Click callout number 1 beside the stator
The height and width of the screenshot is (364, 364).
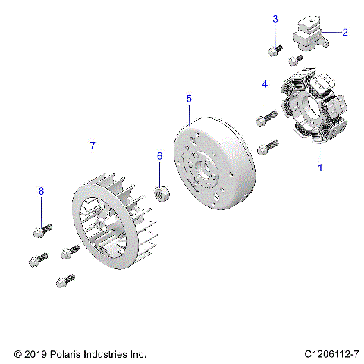pos(319,168)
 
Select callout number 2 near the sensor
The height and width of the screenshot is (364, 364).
pos(345,32)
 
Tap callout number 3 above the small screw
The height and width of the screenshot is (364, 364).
pos(275,18)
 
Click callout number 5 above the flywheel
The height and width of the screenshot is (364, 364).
pos(189,98)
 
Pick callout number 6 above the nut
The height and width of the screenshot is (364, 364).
pos(159,155)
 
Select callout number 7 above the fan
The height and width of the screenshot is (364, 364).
pos(93,144)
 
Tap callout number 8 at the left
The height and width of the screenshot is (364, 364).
pos(42,193)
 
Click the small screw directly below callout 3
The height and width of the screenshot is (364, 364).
pos(275,51)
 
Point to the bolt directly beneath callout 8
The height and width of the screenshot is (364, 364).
pos(42,227)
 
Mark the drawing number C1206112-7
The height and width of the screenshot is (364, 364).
pos(334,354)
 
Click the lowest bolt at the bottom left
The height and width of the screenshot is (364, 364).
pos(64,281)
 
